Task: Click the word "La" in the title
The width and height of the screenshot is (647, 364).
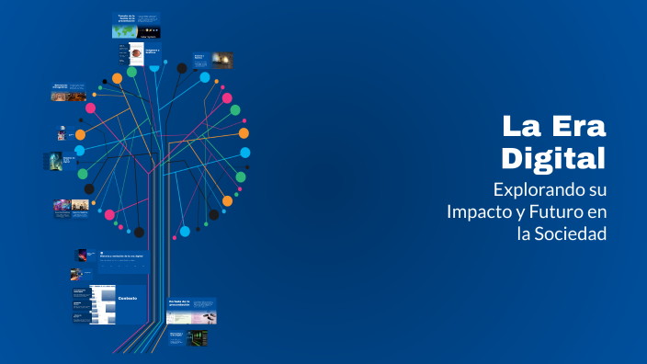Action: [521, 126]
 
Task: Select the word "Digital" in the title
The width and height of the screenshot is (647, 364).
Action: [553, 157]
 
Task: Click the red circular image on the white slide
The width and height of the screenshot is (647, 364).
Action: [134, 52]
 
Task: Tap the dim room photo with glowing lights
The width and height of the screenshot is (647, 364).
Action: [221, 60]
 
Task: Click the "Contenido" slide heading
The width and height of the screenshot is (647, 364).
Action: [128, 298]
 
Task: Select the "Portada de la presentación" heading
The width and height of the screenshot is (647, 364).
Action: [179, 301]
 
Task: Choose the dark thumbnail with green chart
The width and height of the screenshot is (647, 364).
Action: [196, 337]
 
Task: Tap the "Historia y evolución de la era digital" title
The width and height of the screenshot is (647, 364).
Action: [124, 255]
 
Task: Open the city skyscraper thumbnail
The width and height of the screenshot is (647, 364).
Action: [54, 161]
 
